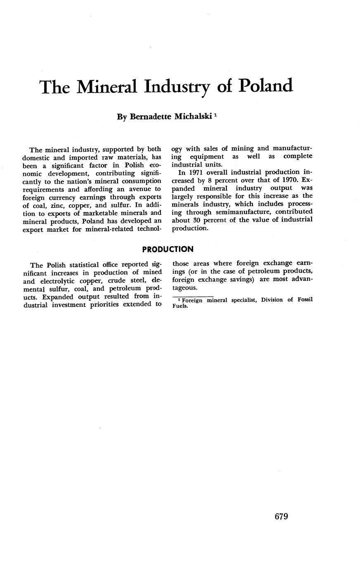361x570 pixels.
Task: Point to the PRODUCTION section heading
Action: [168, 249]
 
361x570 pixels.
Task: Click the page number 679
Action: [281, 516]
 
